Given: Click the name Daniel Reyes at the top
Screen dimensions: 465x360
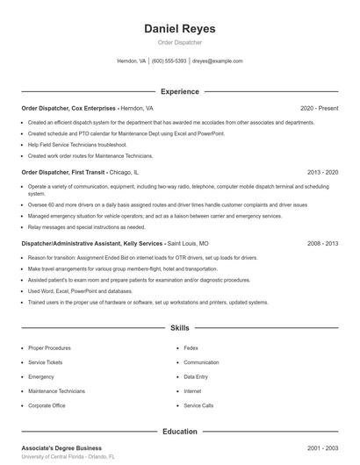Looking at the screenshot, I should (179, 28).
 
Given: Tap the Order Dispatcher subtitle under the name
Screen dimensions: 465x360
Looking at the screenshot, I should (179, 42).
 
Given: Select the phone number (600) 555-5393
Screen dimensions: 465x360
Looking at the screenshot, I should (169, 61).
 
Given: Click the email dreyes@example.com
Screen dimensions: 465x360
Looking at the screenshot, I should (218, 61).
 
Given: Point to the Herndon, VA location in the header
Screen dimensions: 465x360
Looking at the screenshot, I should (131, 61).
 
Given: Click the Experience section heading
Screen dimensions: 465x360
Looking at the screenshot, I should (179, 91).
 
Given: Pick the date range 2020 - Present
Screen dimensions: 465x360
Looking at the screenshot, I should (319, 108).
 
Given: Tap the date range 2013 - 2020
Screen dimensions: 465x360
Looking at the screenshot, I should (322, 173).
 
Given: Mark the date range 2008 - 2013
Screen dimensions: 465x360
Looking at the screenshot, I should (322, 243).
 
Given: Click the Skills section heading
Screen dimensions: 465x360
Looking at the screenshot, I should (179, 328).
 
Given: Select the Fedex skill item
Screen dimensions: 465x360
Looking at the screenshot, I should (191, 348).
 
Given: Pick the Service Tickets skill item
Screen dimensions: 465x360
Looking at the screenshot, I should (46, 362).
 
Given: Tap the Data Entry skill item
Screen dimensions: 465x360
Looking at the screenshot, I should (196, 376).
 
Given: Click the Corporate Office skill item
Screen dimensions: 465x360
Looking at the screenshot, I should (47, 405).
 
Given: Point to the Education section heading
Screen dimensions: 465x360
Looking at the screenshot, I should (179, 431).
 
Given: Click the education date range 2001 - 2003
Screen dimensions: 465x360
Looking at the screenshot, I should (322, 447).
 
